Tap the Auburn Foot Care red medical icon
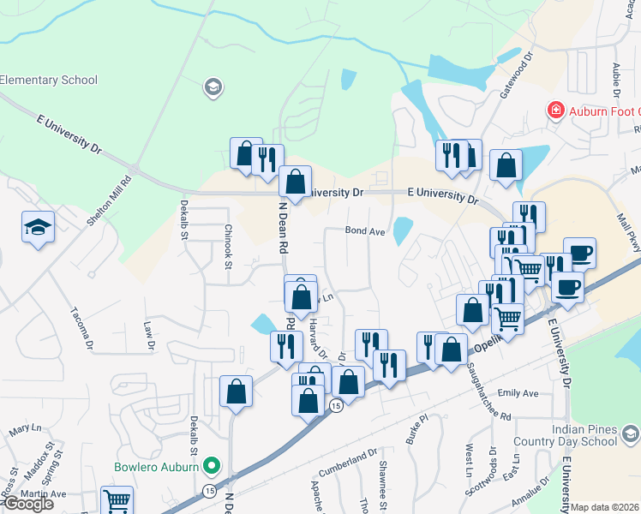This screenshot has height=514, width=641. click(555, 111)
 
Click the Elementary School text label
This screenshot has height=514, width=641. click(49, 81)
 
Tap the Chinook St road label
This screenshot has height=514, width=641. click(229, 247)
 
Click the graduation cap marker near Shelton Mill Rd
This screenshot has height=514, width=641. click(38, 227)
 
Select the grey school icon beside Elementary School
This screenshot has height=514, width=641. click(212, 87)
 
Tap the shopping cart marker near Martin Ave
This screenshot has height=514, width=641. click(117, 500)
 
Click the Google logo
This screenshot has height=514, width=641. click(28, 504)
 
